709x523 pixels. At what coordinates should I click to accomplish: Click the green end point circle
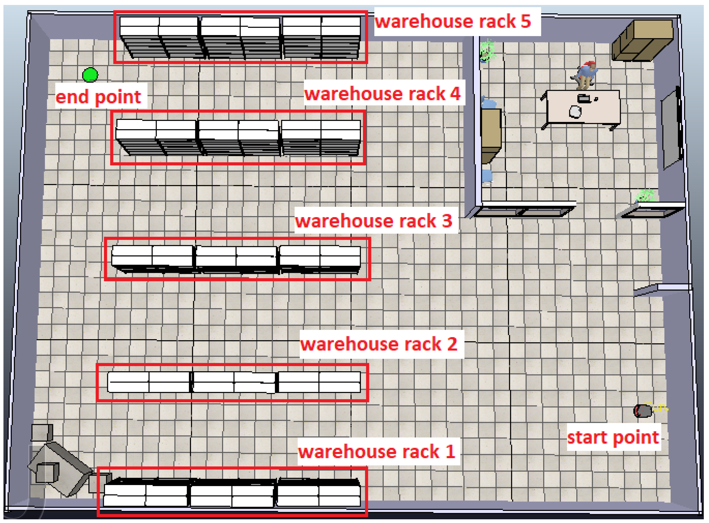(90, 75)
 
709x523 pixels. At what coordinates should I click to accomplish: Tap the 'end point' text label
(98, 96)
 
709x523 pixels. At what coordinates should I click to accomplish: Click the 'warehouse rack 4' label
(382, 94)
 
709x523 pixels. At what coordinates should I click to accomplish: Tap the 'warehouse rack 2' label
(379, 344)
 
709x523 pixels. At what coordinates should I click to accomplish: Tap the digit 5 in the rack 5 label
(525, 21)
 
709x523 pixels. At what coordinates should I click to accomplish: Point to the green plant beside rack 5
(487, 50)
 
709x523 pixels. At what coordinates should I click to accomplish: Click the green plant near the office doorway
(645, 195)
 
